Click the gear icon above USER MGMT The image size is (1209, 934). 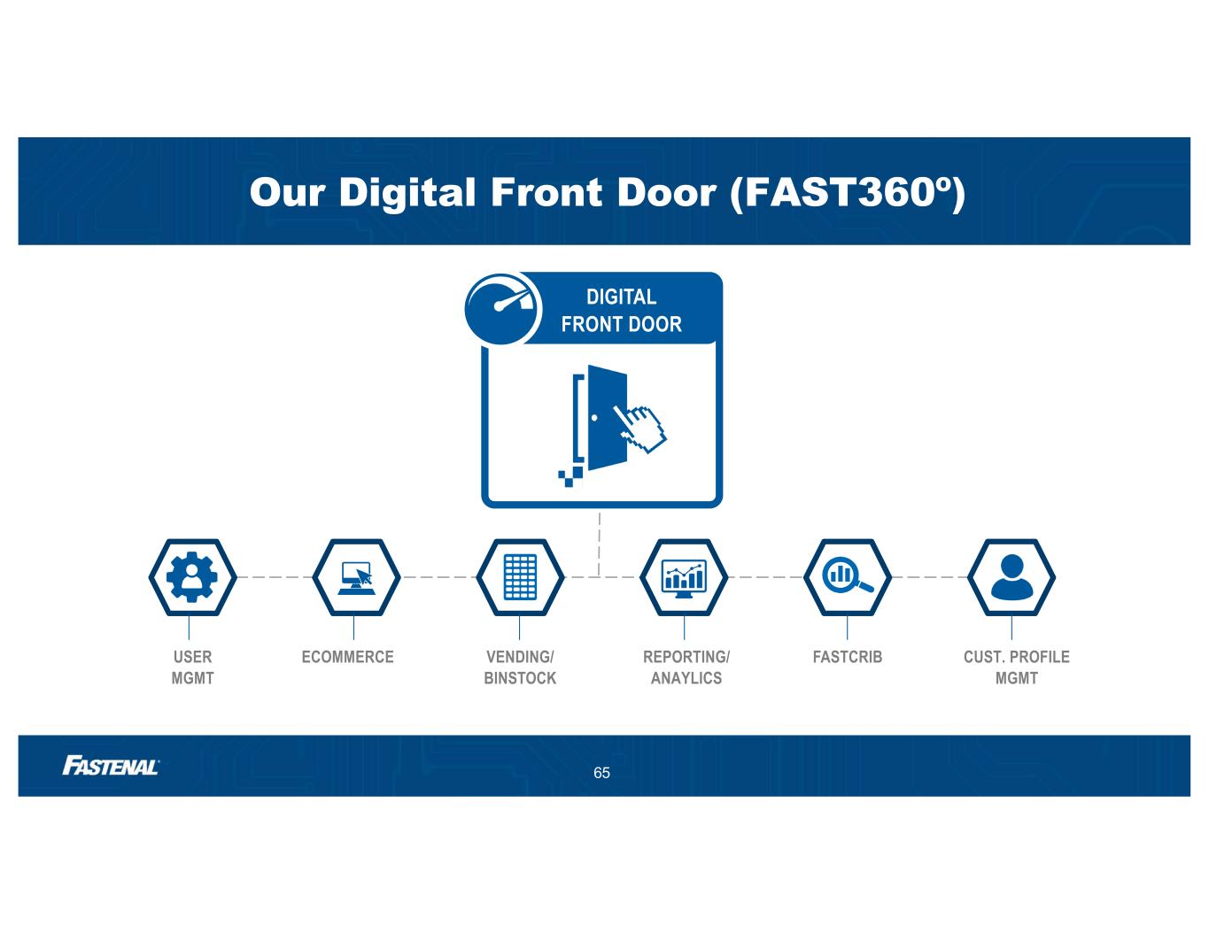click(192, 576)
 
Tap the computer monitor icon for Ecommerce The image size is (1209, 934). click(356, 576)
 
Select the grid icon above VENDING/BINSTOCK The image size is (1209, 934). click(520, 576)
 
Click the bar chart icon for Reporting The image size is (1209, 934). click(684, 576)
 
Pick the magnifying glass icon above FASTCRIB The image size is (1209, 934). click(848, 576)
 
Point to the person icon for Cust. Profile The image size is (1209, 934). click(1011, 576)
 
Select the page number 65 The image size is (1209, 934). click(602, 773)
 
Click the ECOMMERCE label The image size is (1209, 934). click(347, 657)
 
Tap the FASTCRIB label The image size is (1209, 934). click(848, 657)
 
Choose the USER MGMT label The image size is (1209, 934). click(192, 668)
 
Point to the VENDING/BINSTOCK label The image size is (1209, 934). click(520, 668)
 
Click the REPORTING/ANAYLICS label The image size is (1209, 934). click(686, 668)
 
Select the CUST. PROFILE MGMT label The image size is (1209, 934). click(1016, 668)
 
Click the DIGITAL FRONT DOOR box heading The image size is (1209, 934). click(622, 310)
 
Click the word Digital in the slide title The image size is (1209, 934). click(407, 192)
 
